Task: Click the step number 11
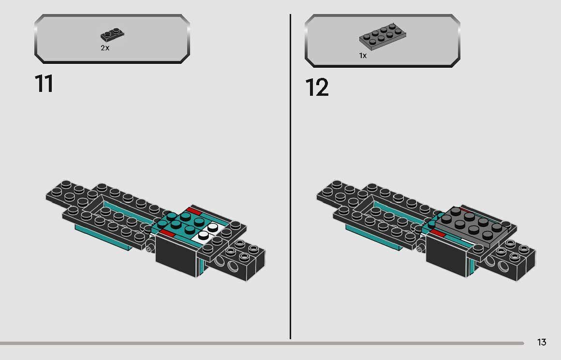coord(44,84)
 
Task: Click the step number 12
coord(317,88)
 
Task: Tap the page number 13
coord(542,342)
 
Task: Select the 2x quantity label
coord(105,48)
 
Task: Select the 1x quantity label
coord(363,56)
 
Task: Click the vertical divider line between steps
coord(291,174)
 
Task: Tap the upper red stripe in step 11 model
coord(194,211)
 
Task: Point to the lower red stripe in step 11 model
coord(167,233)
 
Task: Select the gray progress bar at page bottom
coord(261,344)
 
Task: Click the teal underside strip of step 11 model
coord(104,240)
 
